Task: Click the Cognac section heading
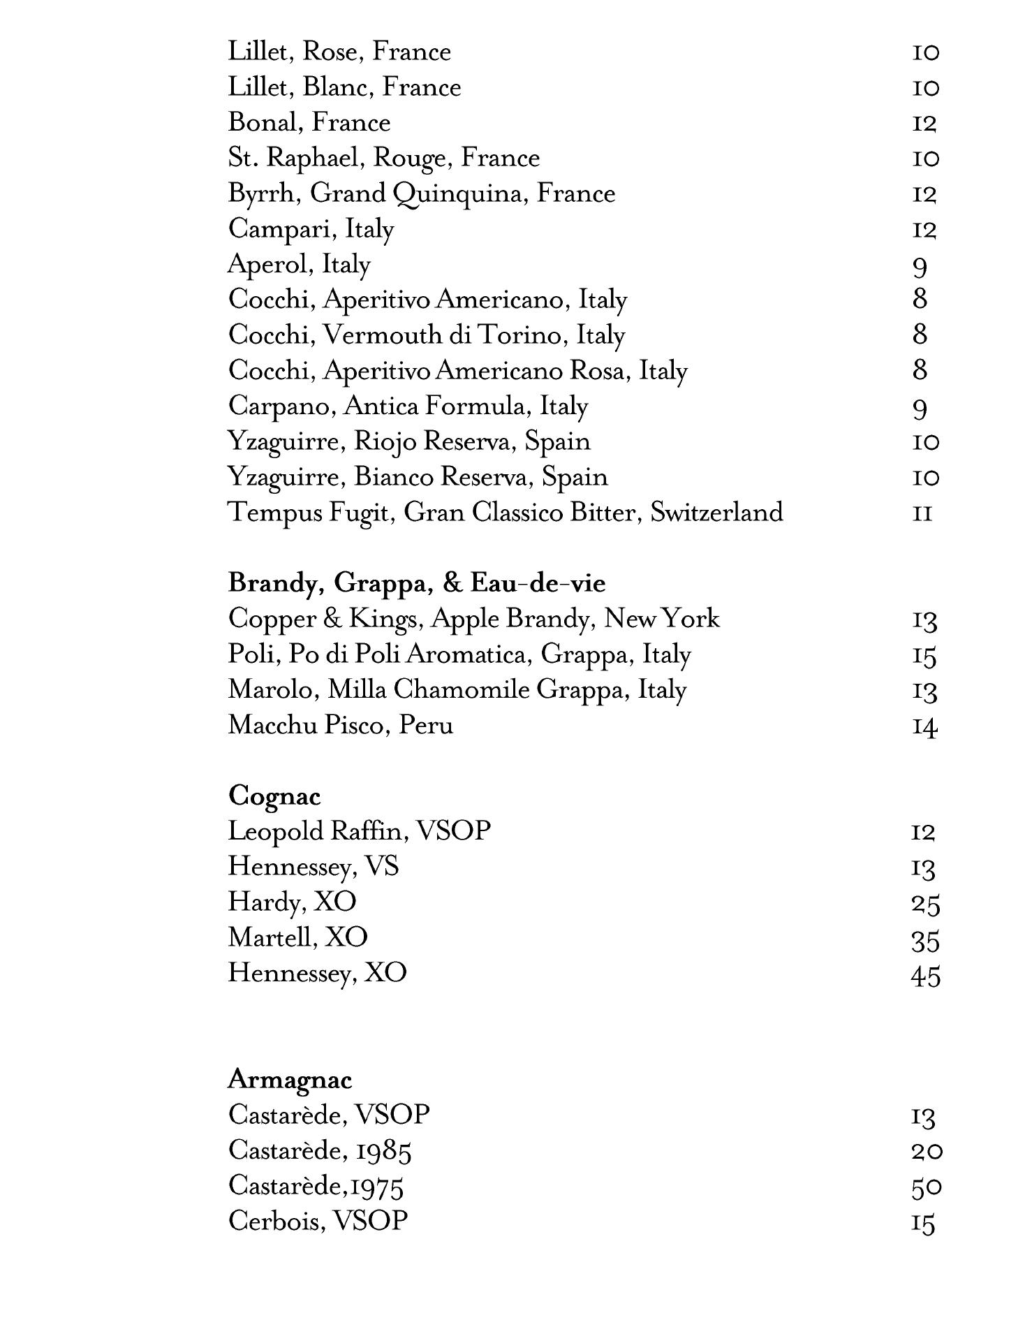tap(274, 796)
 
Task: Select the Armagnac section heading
tap(290, 1080)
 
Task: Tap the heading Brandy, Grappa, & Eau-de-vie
tap(416, 583)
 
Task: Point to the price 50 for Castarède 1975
tap(926, 1188)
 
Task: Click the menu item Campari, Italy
tap(311, 229)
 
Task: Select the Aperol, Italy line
tap(299, 265)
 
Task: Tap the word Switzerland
tap(716, 513)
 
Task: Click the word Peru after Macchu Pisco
tap(426, 725)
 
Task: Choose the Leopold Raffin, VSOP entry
tap(359, 831)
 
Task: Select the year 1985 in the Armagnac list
tap(383, 1152)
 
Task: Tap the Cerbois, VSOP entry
tap(318, 1222)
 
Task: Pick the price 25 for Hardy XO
tap(925, 904)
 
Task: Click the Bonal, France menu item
tap(309, 123)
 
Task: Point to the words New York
tap(661, 619)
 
